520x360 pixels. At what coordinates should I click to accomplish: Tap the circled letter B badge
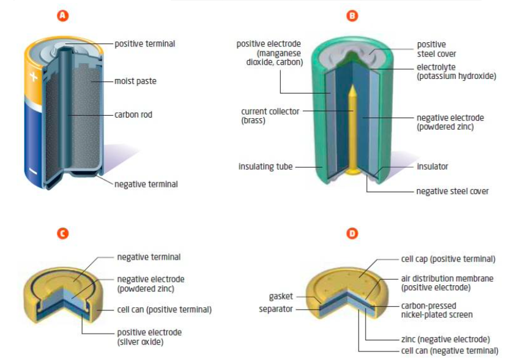352,16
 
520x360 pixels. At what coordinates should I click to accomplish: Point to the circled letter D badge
352,233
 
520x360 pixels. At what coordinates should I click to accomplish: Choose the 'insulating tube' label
266,166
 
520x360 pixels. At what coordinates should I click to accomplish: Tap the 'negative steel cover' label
453,192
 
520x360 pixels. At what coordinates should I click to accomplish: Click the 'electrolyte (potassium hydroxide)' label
456,72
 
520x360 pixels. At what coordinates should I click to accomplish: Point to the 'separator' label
277,309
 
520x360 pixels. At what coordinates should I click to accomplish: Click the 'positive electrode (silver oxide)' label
150,337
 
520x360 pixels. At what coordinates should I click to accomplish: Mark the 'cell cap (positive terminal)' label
448,259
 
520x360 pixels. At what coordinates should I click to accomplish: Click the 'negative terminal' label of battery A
146,184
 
